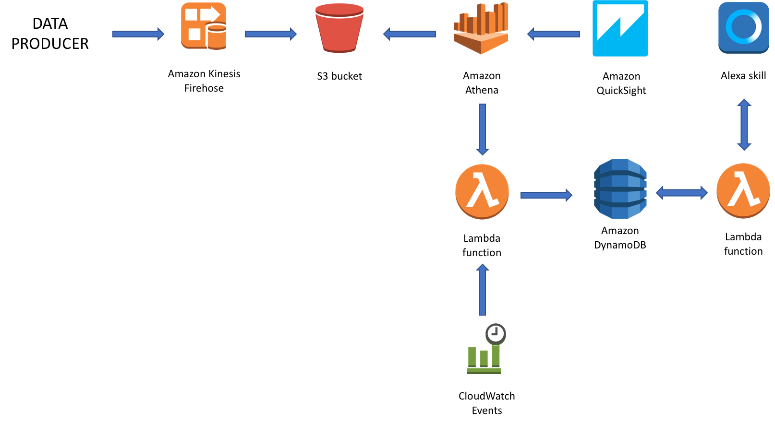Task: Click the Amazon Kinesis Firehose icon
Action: (204, 26)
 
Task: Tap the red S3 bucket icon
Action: (339, 28)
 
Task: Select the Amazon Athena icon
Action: (481, 28)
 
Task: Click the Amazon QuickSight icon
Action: (620, 28)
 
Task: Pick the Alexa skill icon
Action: (743, 28)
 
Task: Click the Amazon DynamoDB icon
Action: (620, 188)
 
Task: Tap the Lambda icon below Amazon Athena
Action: (482, 192)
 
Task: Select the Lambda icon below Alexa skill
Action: (743, 191)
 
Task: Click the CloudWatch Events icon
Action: (486, 349)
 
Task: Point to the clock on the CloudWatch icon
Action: (496, 334)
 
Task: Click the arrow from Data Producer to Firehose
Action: (138, 34)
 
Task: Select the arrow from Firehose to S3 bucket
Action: (271, 34)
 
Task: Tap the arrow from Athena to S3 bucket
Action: (409, 34)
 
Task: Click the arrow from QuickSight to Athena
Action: (553, 34)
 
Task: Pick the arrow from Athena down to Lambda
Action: (482, 129)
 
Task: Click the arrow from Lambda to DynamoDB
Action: (546, 195)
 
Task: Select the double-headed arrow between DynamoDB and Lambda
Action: (681, 193)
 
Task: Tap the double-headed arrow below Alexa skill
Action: (744, 125)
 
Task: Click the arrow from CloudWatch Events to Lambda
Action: (482, 290)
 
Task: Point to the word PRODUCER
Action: (50, 44)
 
